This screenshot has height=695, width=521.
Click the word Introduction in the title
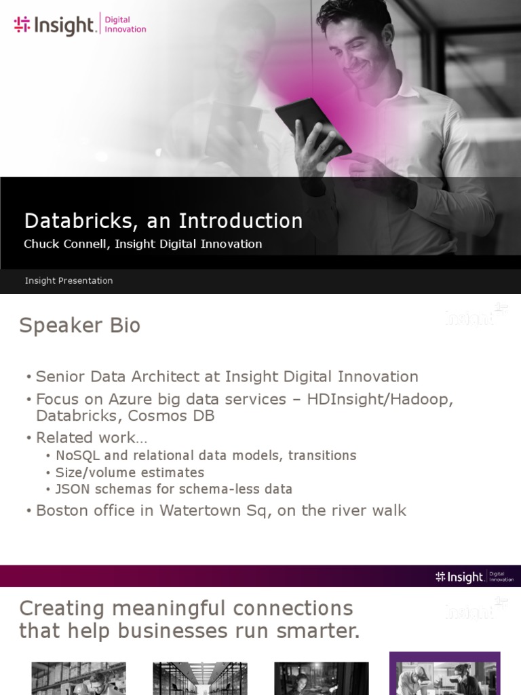pos(240,221)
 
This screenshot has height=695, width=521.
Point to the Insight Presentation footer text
pos(69,281)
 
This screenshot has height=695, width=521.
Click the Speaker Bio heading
pos(79,326)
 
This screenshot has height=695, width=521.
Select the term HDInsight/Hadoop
pos(380,399)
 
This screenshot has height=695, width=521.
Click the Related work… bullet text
pos(91,438)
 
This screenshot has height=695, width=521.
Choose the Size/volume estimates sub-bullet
pos(130,472)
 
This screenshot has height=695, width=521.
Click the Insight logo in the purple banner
pos(460,577)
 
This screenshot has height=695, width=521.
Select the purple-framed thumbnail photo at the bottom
pos(444,674)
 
